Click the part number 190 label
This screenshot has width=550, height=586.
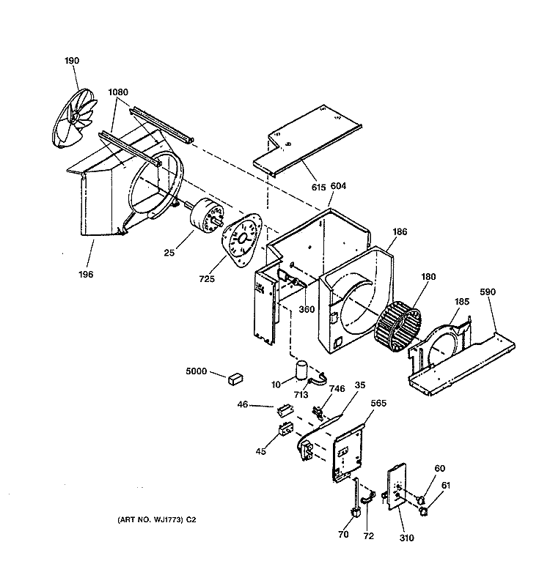click(72, 61)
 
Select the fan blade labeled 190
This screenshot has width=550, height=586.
click(74, 118)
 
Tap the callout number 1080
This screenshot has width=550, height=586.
click(118, 92)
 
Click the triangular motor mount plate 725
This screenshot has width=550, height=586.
click(242, 240)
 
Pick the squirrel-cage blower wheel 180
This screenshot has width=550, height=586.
click(398, 325)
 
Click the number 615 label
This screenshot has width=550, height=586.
click(318, 187)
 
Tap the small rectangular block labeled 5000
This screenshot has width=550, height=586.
click(235, 379)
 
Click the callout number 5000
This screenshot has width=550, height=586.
click(196, 371)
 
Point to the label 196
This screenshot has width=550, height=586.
click(86, 274)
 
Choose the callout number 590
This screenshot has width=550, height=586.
click(488, 292)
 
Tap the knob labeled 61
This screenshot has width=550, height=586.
click(424, 511)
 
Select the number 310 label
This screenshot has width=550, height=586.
click(406, 538)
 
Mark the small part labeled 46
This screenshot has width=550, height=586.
click(285, 411)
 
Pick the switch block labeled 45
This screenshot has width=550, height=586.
click(286, 429)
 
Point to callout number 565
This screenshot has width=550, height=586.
click(378, 404)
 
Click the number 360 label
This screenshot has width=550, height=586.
click(307, 309)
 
